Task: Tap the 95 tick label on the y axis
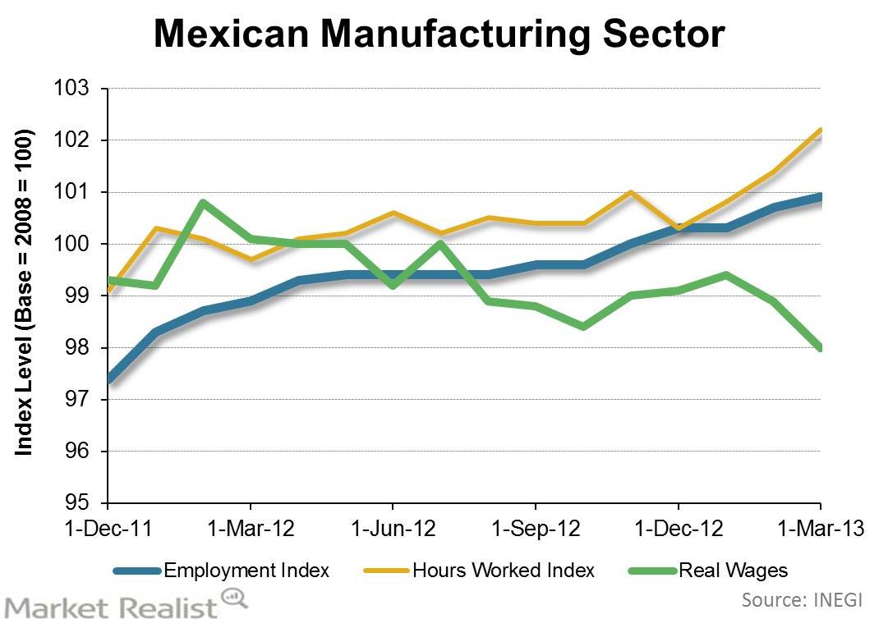click(85, 502)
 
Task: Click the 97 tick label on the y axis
click(85, 400)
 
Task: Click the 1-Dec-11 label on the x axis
click(108, 530)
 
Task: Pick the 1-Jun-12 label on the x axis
click(393, 530)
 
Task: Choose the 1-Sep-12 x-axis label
click(536, 530)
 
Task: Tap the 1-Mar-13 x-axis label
click(820, 530)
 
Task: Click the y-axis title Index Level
click(25, 292)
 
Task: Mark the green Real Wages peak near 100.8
click(203, 202)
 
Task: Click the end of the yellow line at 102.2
click(820, 130)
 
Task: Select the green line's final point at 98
click(820, 347)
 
